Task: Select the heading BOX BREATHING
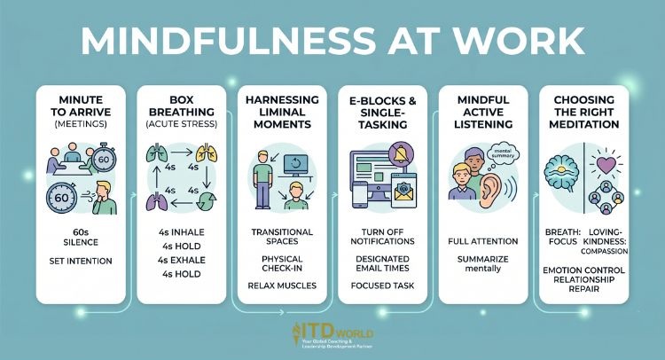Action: pyautogui.click(x=184, y=109)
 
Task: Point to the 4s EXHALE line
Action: pyautogui.click(x=184, y=261)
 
